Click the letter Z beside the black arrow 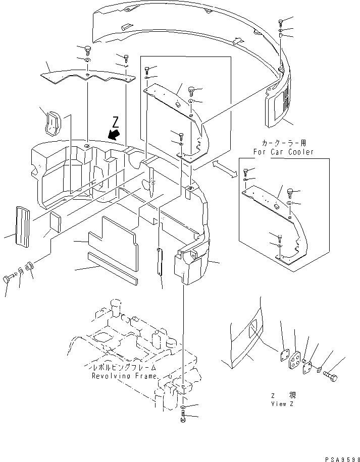tap(116, 122)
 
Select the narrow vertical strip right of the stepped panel tap(160, 261)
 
